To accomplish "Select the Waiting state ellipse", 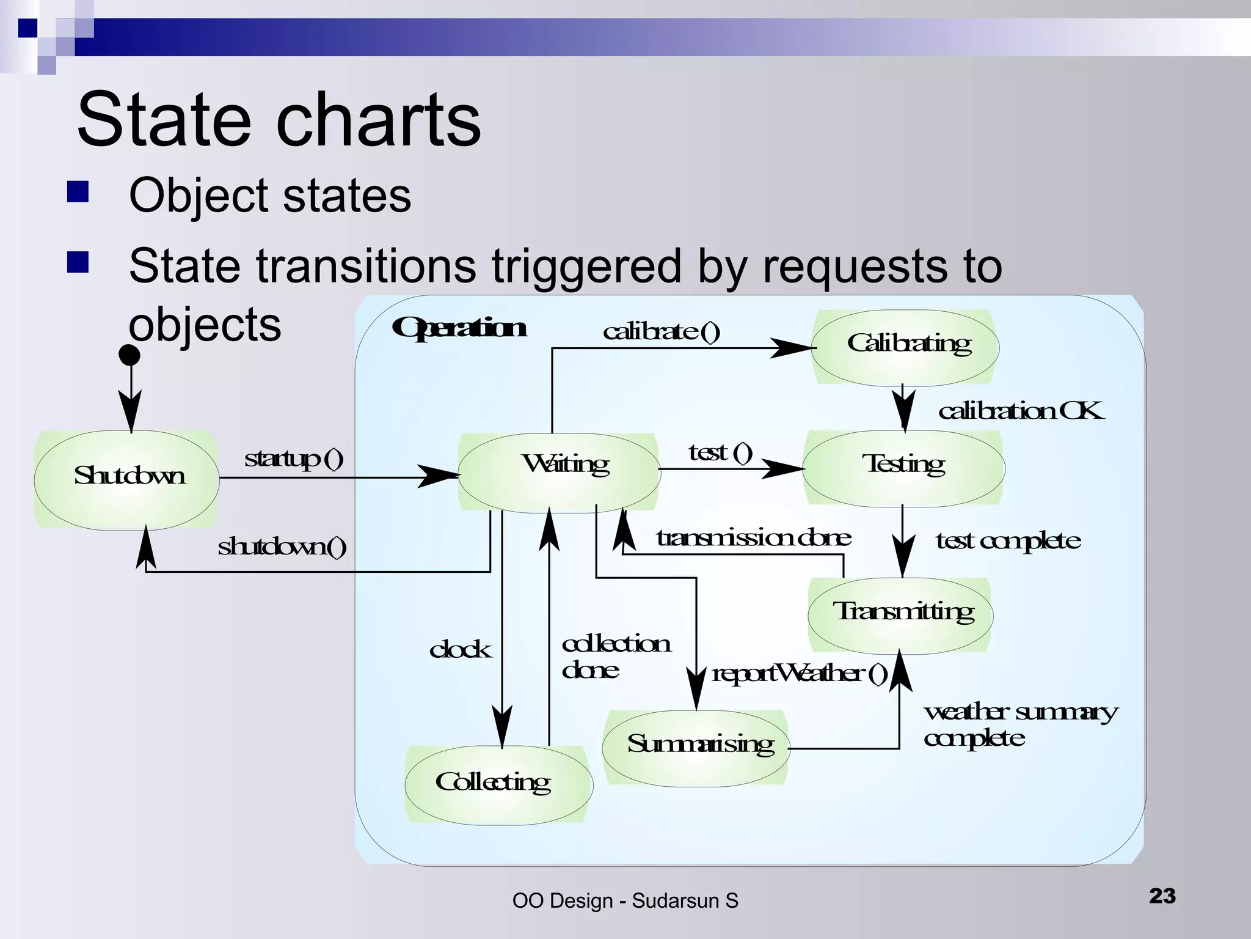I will click(559, 472).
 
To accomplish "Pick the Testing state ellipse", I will click(903, 468).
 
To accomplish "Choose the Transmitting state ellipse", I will click(900, 615).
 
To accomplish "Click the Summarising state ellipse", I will click(696, 748).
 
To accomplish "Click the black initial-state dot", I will click(129, 355).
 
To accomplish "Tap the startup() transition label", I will click(294, 458).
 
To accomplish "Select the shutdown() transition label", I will click(282, 546).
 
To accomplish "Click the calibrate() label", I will click(662, 331).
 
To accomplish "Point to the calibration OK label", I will click(1021, 411).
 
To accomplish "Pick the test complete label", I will click(1008, 541).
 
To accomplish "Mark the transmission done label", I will click(753, 538).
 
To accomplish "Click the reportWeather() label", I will click(799, 674).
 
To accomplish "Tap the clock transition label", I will click(460, 649).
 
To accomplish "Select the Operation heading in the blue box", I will click(459, 328).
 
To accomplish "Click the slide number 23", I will click(1162, 896).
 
